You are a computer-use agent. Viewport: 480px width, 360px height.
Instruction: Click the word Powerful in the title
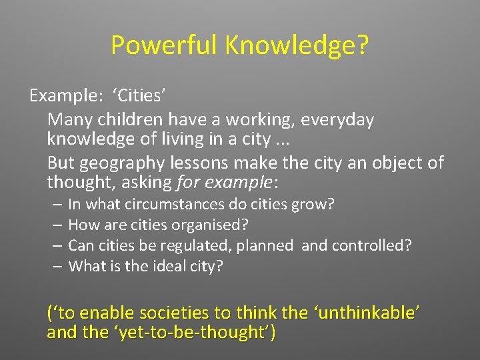click(165, 45)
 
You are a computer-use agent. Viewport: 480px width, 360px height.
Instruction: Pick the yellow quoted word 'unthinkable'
click(372, 312)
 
